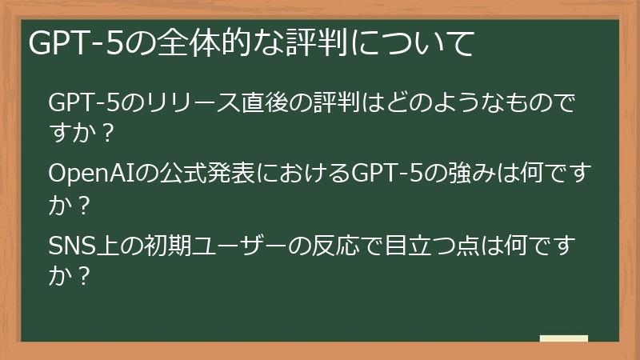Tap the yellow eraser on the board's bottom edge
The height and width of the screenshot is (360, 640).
pos(563,338)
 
